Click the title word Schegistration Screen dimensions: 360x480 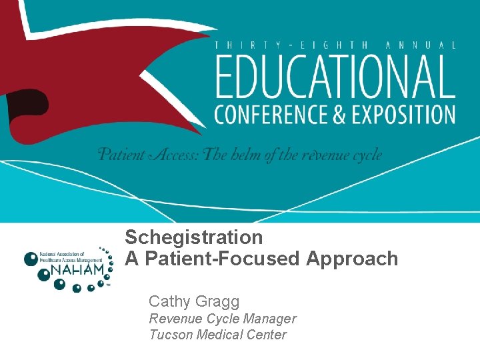pos(194,237)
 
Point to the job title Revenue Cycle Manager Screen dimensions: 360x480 pos(222,319)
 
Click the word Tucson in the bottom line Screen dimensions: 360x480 pos(170,335)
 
